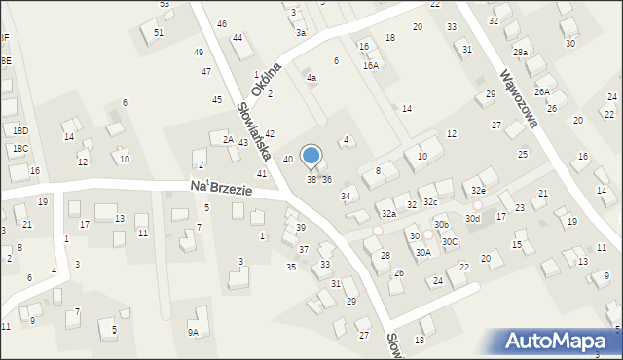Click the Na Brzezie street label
coord(221,188)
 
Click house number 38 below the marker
coord(311,179)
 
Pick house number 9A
coord(193,333)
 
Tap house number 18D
coord(20,130)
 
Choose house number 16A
coord(370,65)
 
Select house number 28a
coord(521,52)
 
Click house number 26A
coord(542,92)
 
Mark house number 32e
coord(478,191)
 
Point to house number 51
coord(159,32)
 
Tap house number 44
coord(237,38)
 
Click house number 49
coord(199,53)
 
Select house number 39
coord(301,227)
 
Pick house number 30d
coord(472,219)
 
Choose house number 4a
coord(311,77)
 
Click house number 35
coord(290,267)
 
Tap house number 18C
coord(20,149)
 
